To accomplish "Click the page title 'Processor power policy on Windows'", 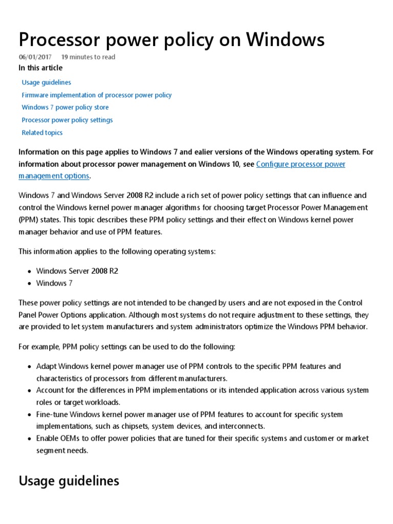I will tap(171, 39).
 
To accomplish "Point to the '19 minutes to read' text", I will tap(88, 57).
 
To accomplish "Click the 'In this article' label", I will tap(40, 68).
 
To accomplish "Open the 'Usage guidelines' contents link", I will tap(46, 82).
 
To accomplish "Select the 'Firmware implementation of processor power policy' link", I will tap(96, 95).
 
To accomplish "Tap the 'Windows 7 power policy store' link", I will tap(65, 107).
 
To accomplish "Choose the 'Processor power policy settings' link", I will tap(67, 120).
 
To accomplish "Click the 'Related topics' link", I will tap(42, 133).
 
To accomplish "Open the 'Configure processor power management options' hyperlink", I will tap(300, 164).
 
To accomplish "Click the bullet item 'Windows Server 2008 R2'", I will tap(77, 271).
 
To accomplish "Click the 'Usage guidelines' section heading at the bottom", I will tap(69, 481).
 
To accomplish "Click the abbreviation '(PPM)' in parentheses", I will tap(28, 219).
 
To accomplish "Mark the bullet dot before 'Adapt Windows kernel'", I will tap(30, 367).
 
